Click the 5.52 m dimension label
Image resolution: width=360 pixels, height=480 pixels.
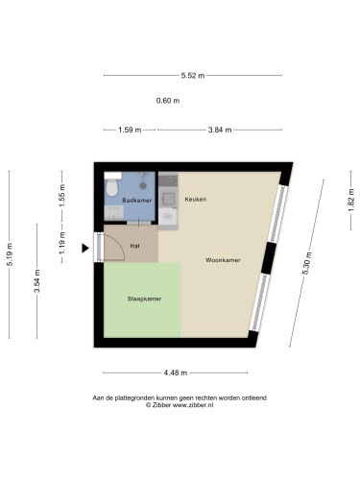193,76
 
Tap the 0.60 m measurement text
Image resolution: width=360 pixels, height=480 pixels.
168,101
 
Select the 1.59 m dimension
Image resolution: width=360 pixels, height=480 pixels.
130,130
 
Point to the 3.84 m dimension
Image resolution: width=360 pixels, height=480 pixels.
220,130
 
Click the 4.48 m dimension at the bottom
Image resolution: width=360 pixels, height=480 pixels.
175,372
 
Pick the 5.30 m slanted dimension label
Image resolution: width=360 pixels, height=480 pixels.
307,263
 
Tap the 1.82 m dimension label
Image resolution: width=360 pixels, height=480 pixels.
351,200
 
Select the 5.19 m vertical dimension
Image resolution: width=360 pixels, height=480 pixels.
10,254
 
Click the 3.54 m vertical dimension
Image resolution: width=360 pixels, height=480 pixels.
36,281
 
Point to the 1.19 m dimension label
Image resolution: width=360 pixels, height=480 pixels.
62,243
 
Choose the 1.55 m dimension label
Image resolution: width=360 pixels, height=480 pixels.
62,195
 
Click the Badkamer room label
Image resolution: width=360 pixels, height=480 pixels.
137,201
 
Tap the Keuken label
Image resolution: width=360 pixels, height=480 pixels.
196,199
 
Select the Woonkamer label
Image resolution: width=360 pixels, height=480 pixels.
223,260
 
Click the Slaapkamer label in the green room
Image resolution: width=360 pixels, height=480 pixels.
144,299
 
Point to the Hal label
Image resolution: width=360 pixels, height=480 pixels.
134,246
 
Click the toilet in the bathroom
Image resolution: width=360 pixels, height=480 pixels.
112,184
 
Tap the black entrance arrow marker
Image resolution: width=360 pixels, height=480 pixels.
85,248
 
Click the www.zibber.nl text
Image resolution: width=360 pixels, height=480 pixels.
193,405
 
